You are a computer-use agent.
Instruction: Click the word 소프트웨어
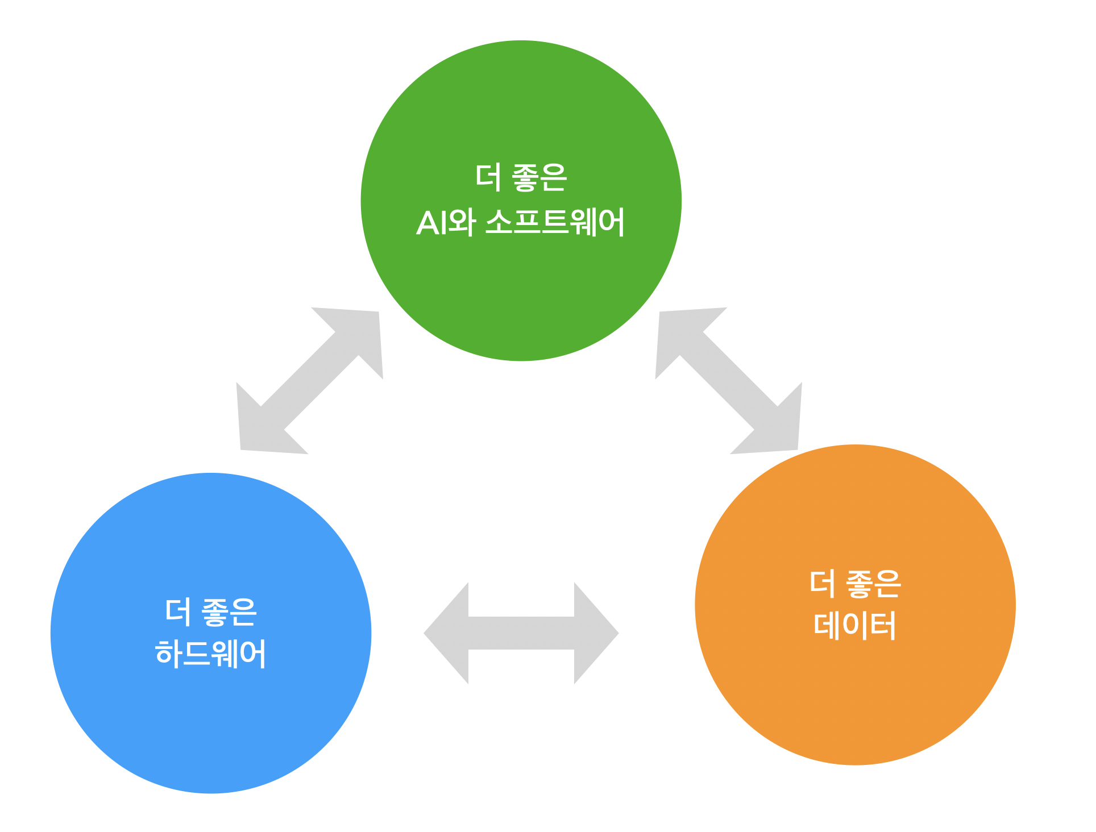[555, 222]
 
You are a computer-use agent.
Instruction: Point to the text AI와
[446, 222]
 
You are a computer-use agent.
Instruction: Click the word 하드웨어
[210, 654]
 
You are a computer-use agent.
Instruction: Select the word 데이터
[855, 625]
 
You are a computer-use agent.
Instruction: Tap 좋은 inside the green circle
[539, 177]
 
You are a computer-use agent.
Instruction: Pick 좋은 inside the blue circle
[229, 613]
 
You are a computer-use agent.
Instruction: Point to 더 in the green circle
[488, 177]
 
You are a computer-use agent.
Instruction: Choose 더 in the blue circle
[178, 613]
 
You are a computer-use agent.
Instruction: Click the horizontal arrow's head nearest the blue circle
[449, 633]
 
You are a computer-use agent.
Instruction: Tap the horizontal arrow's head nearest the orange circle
[594, 633]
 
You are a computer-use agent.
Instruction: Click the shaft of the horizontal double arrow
[521, 633]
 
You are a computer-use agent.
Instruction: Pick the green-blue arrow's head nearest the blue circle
[261, 429]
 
